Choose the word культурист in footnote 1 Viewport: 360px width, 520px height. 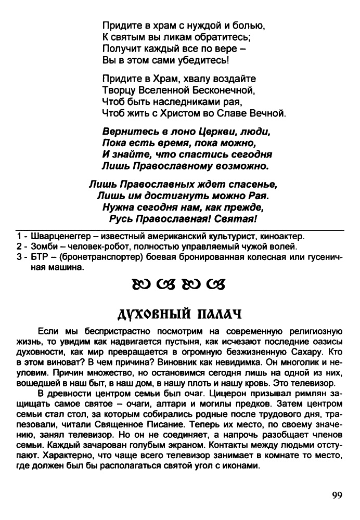click(x=237, y=236)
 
